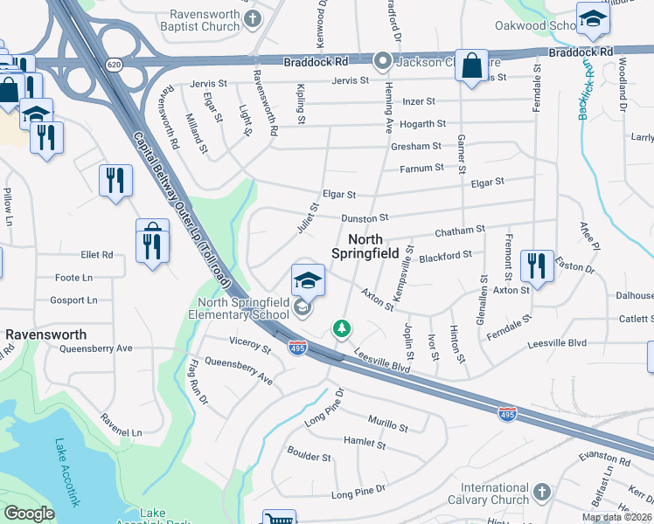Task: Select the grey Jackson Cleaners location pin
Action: click(382, 61)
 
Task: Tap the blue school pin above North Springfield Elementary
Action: click(308, 279)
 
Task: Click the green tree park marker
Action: click(342, 328)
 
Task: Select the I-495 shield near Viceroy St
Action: click(298, 348)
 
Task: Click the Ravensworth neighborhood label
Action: click(45, 334)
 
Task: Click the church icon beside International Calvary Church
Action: click(541, 492)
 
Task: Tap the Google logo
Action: click(29, 514)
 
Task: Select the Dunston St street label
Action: click(365, 217)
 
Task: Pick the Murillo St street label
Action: click(387, 425)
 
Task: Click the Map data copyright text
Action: click(617, 517)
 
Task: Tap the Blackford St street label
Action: click(445, 256)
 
